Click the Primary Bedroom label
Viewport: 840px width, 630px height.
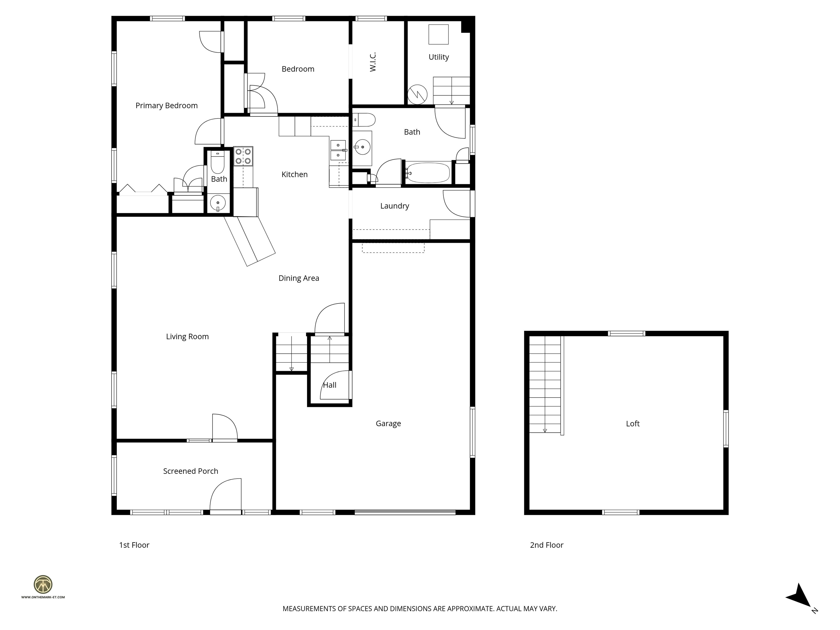[x=166, y=106]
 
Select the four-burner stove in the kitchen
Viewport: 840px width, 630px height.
[x=243, y=156]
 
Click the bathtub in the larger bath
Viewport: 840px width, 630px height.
[x=428, y=173]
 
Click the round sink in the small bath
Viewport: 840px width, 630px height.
[x=218, y=203]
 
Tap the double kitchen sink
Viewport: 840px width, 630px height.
[x=338, y=150]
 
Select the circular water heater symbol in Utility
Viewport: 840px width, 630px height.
[x=417, y=94]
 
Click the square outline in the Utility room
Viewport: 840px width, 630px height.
[x=438, y=34]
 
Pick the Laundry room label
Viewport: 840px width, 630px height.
[x=395, y=206]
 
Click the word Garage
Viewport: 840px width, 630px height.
[x=388, y=423]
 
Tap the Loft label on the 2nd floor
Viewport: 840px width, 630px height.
[x=633, y=423]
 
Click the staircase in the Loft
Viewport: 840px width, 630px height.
[x=545, y=384]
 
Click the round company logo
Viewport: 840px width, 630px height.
[x=43, y=584]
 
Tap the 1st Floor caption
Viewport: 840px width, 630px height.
[x=134, y=545]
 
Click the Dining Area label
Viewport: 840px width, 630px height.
[x=299, y=278]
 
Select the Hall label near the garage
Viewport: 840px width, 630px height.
[x=329, y=385]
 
